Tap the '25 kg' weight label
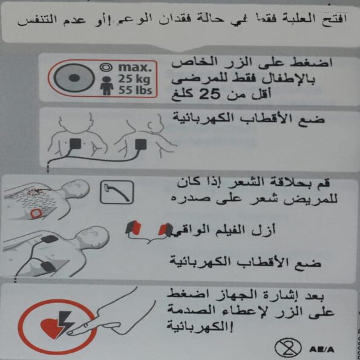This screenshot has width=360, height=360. coord(134,79)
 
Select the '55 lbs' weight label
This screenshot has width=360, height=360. coord(136,90)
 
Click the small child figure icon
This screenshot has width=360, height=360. coord(106,86)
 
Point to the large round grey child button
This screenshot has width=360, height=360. coord(74,78)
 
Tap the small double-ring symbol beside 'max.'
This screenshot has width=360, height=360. coord(106,68)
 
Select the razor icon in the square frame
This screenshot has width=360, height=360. coord(117,192)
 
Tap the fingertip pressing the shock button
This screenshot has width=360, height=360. coord(70,332)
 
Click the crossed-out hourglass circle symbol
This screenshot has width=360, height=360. coord(287,347)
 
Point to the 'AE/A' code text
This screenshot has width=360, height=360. coord(321,350)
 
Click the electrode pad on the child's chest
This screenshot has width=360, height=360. coord(75,143)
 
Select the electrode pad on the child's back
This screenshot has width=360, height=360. coord(140,145)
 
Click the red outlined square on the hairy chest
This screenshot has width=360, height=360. coord(35,214)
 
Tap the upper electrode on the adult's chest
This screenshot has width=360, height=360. coord(50,239)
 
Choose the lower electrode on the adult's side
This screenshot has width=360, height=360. coord(48,266)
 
